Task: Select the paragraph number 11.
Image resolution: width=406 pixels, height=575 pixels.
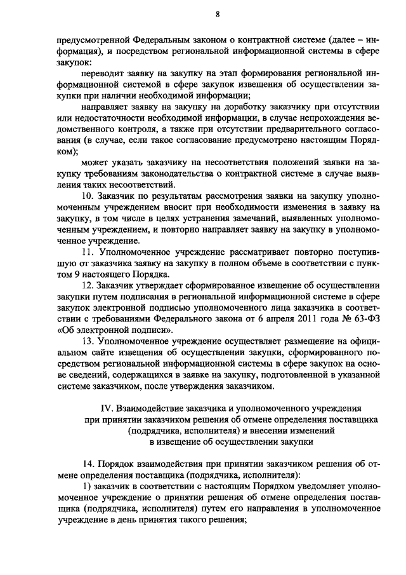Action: coord(88,252)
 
